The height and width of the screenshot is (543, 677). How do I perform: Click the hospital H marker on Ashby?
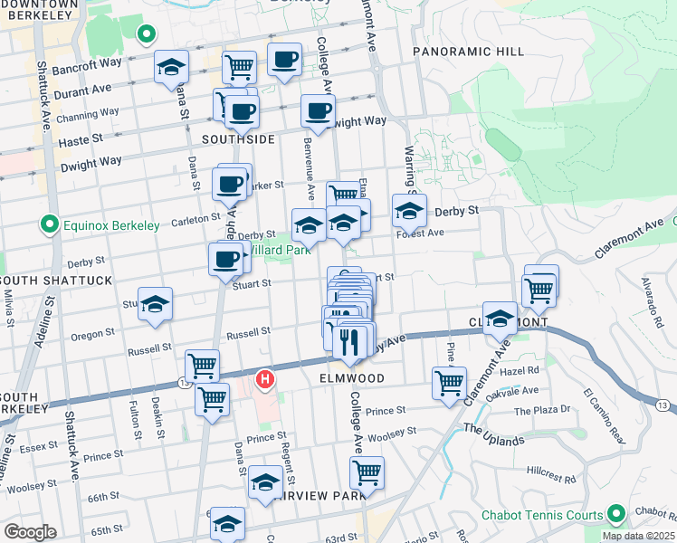(x=266, y=377)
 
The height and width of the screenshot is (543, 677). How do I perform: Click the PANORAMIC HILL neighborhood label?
(x=468, y=52)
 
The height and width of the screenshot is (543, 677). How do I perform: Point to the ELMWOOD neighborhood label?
(x=352, y=378)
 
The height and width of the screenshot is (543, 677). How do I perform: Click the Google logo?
(x=30, y=532)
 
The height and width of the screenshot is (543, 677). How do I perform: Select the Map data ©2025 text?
(x=637, y=536)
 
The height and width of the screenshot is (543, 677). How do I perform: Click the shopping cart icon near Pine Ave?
(x=449, y=383)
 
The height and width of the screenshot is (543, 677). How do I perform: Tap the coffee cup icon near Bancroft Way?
(x=284, y=60)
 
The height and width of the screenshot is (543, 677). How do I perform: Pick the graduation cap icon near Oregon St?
(x=155, y=304)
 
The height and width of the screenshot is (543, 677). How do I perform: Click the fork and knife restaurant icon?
(x=348, y=340)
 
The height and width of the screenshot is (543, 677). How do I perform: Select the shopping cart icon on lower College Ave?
(x=367, y=472)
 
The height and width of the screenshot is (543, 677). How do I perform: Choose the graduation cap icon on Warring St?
(x=409, y=211)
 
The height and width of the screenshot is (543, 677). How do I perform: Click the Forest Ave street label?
(x=420, y=233)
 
